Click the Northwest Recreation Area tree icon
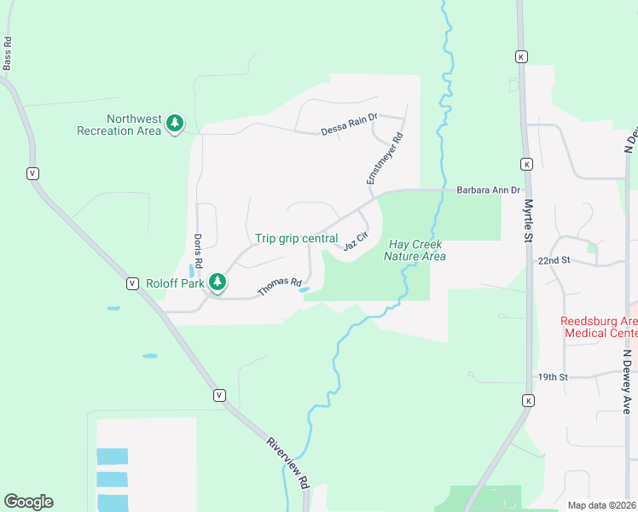(175, 124)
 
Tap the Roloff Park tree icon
(217, 282)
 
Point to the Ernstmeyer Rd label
(385, 159)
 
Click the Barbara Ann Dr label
(488, 190)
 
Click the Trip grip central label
(297, 239)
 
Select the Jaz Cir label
(356, 241)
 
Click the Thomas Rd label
(280, 288)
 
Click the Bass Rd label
(8, 53)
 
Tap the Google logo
(28, 502)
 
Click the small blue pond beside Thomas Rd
(304, 290)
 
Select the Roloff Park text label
(175, 283)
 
